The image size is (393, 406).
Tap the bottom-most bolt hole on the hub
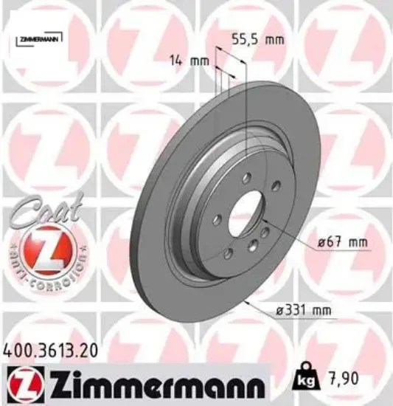tap(229, 253)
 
